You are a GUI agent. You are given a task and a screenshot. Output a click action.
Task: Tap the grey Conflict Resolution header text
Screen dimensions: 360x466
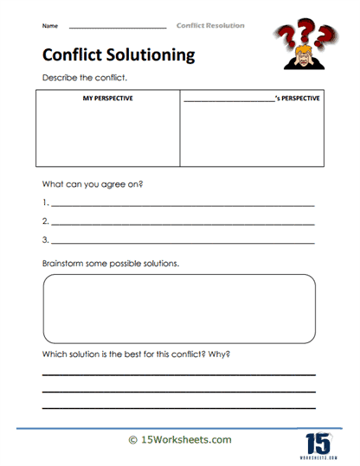210,26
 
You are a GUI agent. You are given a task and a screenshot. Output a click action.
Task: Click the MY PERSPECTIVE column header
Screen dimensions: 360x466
107,98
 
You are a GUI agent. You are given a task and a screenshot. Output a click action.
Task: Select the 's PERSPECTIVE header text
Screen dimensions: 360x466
297,98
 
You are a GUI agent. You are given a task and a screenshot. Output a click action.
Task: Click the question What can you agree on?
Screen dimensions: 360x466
93,184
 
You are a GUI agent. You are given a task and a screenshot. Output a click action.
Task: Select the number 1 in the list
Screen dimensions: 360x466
44,204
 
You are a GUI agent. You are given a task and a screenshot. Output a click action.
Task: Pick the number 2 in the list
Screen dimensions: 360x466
44,222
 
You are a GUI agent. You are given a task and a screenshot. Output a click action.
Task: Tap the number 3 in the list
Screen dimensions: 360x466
44,240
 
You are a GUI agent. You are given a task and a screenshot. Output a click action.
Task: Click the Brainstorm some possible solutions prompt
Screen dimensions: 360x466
110,262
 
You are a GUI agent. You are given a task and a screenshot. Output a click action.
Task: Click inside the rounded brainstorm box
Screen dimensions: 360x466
179,310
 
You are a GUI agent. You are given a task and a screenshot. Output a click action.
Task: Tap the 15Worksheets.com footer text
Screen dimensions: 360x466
186,439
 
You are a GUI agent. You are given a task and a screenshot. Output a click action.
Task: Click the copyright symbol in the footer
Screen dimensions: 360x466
132,440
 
